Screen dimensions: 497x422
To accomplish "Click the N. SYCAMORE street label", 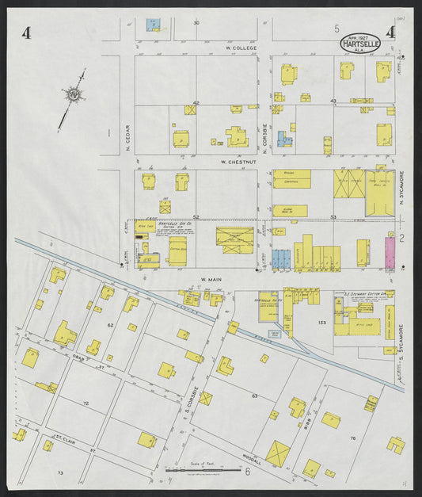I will click(401, 185).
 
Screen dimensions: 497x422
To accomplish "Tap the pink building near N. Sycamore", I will click(390, 252).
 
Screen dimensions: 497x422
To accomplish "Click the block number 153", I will click(321, 323).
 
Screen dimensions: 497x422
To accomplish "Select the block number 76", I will click(353, 438).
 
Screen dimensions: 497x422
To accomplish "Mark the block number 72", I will click(86, 403).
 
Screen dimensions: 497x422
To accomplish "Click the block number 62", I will click(110, 325).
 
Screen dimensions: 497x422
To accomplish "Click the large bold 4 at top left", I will click(27, 32).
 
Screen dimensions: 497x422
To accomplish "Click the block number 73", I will click(59, 472).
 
